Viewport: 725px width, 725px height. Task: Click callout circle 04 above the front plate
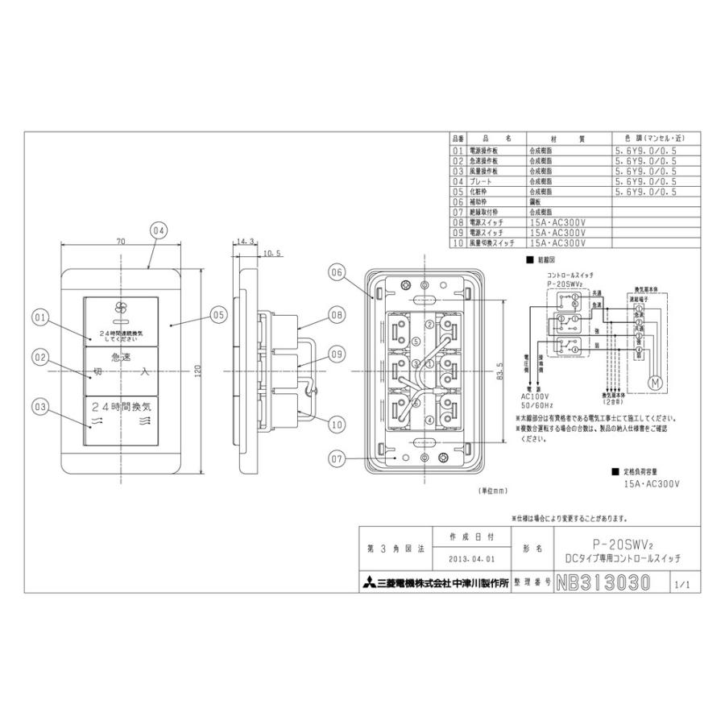pyautogui.click(x=158, y=230)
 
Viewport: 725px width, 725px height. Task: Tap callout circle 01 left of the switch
pyautogui.click(x=41, y=318)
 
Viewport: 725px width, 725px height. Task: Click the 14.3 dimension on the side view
pyautogui.click(x=246, y=241)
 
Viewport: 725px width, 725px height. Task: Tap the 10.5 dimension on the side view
pyautogui.click(x=271, y=253)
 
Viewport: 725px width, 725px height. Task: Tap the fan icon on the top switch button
pyautogui.click(x=122, y=308)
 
